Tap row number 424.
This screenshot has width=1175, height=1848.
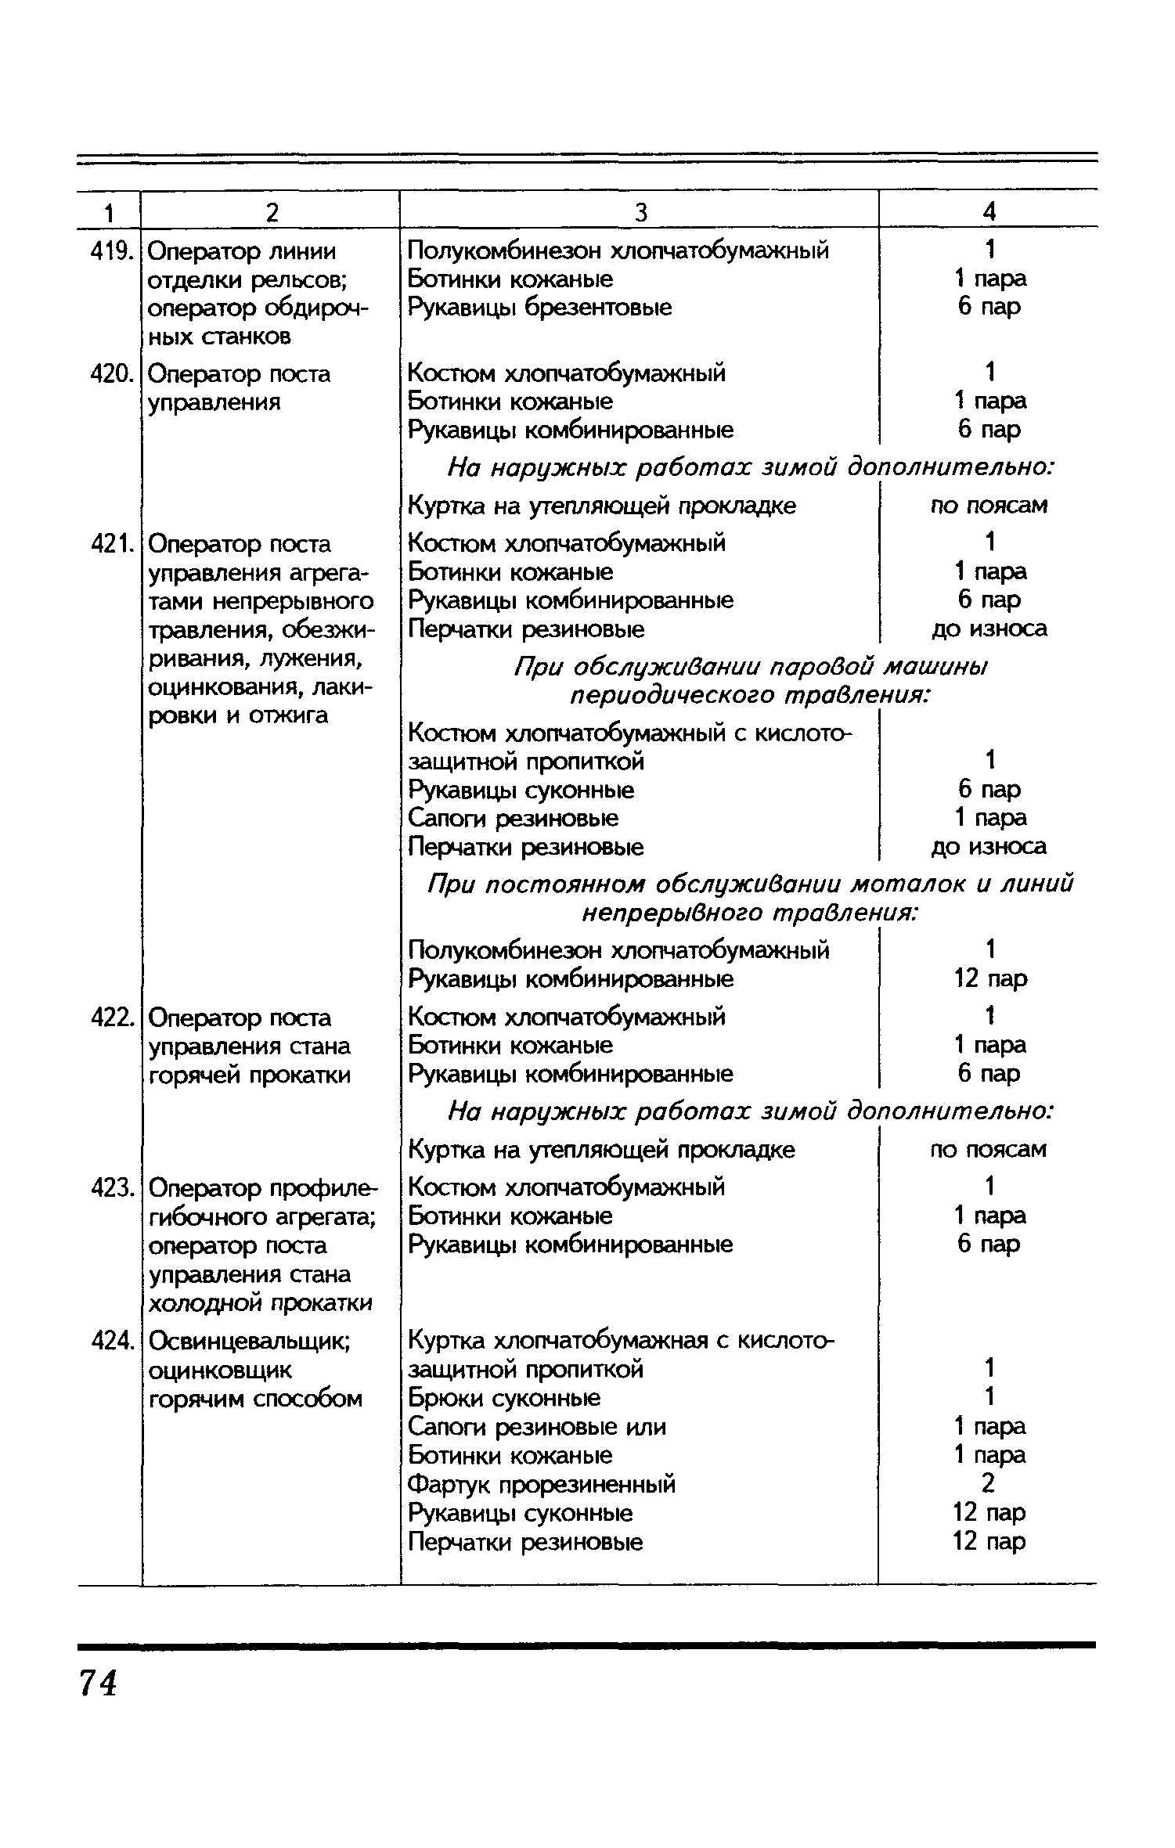[x=109, y=1342]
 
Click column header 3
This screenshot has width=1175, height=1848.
[x=640, y=211]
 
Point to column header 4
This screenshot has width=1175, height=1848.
[x=989, y=211]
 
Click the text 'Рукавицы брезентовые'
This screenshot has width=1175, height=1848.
[x=540, y=308]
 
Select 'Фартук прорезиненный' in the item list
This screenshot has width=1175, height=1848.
[x=542, y=1485]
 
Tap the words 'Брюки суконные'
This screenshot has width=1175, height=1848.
[x=505, y=1398]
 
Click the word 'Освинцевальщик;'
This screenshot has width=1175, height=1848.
[x=249, y=1342]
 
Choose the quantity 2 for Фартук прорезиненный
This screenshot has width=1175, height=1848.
[x=989, y=1483]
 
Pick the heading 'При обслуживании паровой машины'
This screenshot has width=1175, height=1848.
[x=751, y=667]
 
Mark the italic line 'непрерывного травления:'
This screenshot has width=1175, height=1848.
[x=751, y=913]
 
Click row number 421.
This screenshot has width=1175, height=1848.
[x=109, y=543]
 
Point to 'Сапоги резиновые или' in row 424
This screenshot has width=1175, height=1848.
[x=537, y=1427]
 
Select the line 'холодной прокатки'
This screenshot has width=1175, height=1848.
[x=261, y=1303]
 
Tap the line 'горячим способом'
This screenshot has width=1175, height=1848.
[x=256, y=1399]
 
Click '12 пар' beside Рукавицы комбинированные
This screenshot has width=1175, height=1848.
[x=990, y=978]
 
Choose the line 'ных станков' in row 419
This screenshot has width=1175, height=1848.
[x=219, y=337]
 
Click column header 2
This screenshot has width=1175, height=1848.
[x=271, y=211]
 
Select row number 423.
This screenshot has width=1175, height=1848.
[x=109, y=1188]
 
